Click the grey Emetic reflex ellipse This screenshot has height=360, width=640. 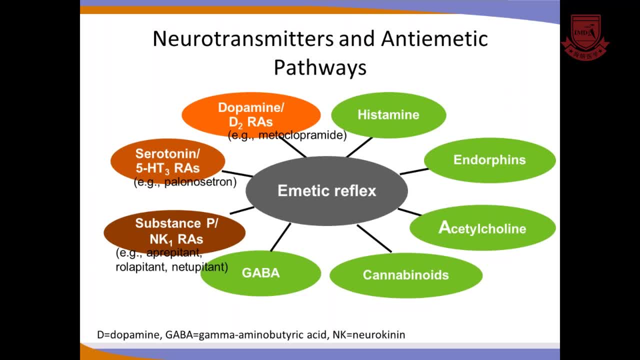326,190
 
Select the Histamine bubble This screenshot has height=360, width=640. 388,115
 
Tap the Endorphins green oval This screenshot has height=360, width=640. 489,160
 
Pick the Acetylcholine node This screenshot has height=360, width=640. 482,228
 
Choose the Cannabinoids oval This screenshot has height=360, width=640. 405,275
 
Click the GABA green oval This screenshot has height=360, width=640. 260,273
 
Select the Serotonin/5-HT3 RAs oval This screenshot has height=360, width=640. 167,160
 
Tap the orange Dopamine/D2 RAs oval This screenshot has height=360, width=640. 251,114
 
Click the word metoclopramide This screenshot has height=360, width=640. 302,135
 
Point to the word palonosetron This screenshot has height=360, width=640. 200,182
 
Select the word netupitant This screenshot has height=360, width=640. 199,267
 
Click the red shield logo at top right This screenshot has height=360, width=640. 585,36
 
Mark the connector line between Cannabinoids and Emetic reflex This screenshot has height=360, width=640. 374,238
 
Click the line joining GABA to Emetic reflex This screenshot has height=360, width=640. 280,237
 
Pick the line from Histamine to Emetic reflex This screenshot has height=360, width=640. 359,147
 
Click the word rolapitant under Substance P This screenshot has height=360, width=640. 141,267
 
